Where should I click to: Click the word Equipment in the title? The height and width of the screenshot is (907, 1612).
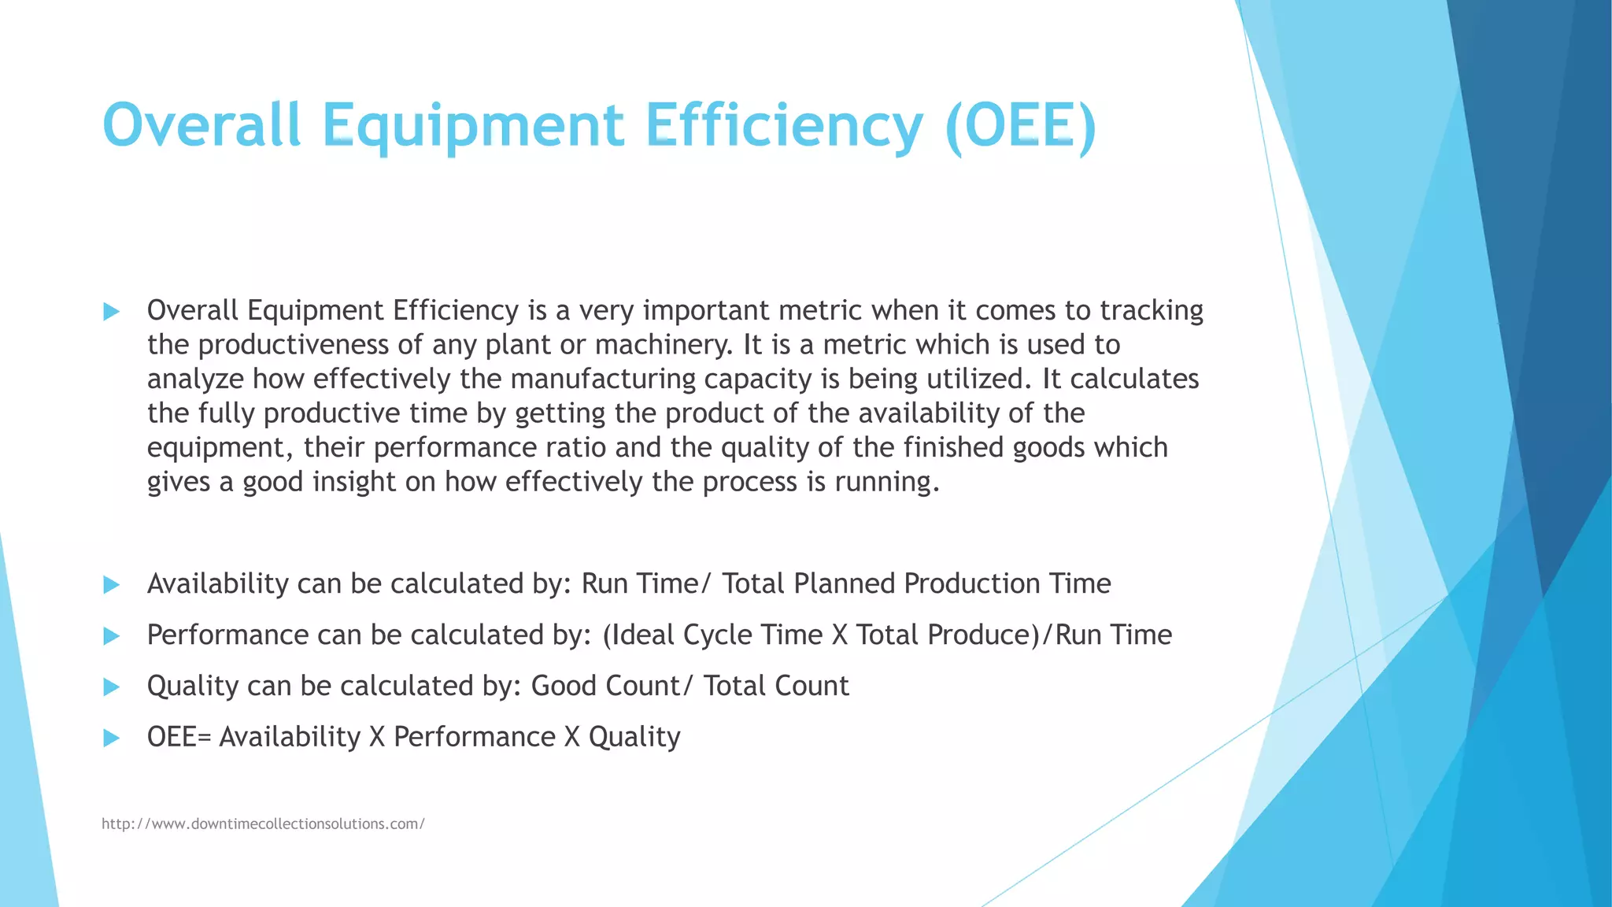click(x=473, y=126)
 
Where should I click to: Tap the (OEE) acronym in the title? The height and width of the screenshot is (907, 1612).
click(x=1020, y=126)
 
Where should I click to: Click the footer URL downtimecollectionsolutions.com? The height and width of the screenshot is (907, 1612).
click(x=263, y=824)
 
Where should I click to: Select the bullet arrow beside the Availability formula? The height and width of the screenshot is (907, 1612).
click(x=111, y=585)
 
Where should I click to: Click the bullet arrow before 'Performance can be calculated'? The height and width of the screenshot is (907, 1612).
click(x=111, y=636)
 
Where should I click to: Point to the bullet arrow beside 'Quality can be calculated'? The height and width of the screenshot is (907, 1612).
click(x=111, y=687)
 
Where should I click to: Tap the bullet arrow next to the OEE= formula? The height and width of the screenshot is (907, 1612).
click(x=111, y=739)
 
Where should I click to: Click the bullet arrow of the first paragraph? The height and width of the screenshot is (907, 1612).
click(x=111, y=312)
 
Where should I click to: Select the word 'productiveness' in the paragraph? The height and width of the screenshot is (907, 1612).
click(x=294, y=345)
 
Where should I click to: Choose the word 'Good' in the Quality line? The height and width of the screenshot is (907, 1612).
click(x=564, y=686)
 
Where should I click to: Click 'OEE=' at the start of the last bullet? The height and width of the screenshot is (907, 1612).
click(x=179, y=737)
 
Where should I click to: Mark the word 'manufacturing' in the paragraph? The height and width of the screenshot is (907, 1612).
click(x=603, y=379)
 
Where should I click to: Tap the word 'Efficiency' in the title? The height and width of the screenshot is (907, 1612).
click(x=784, y=126)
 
